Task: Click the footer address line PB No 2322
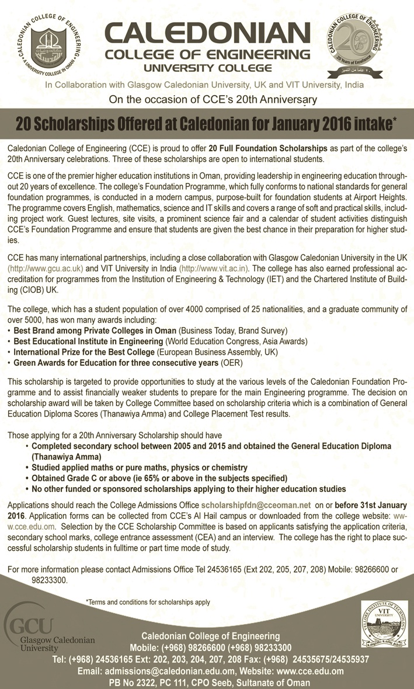[x=207, y=682]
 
